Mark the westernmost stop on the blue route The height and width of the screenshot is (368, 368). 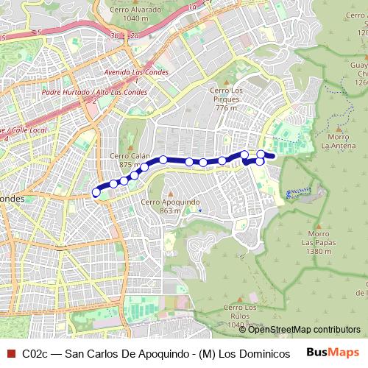tap(96, 193)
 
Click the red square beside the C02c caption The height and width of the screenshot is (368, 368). tap(10, 353)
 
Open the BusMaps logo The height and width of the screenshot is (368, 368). tap(333, 353)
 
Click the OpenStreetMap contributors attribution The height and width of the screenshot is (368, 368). tap(305, 330)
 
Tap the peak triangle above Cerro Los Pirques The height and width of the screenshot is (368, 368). tap(227, 82)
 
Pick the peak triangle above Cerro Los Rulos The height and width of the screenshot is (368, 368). tap(241, 298)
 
